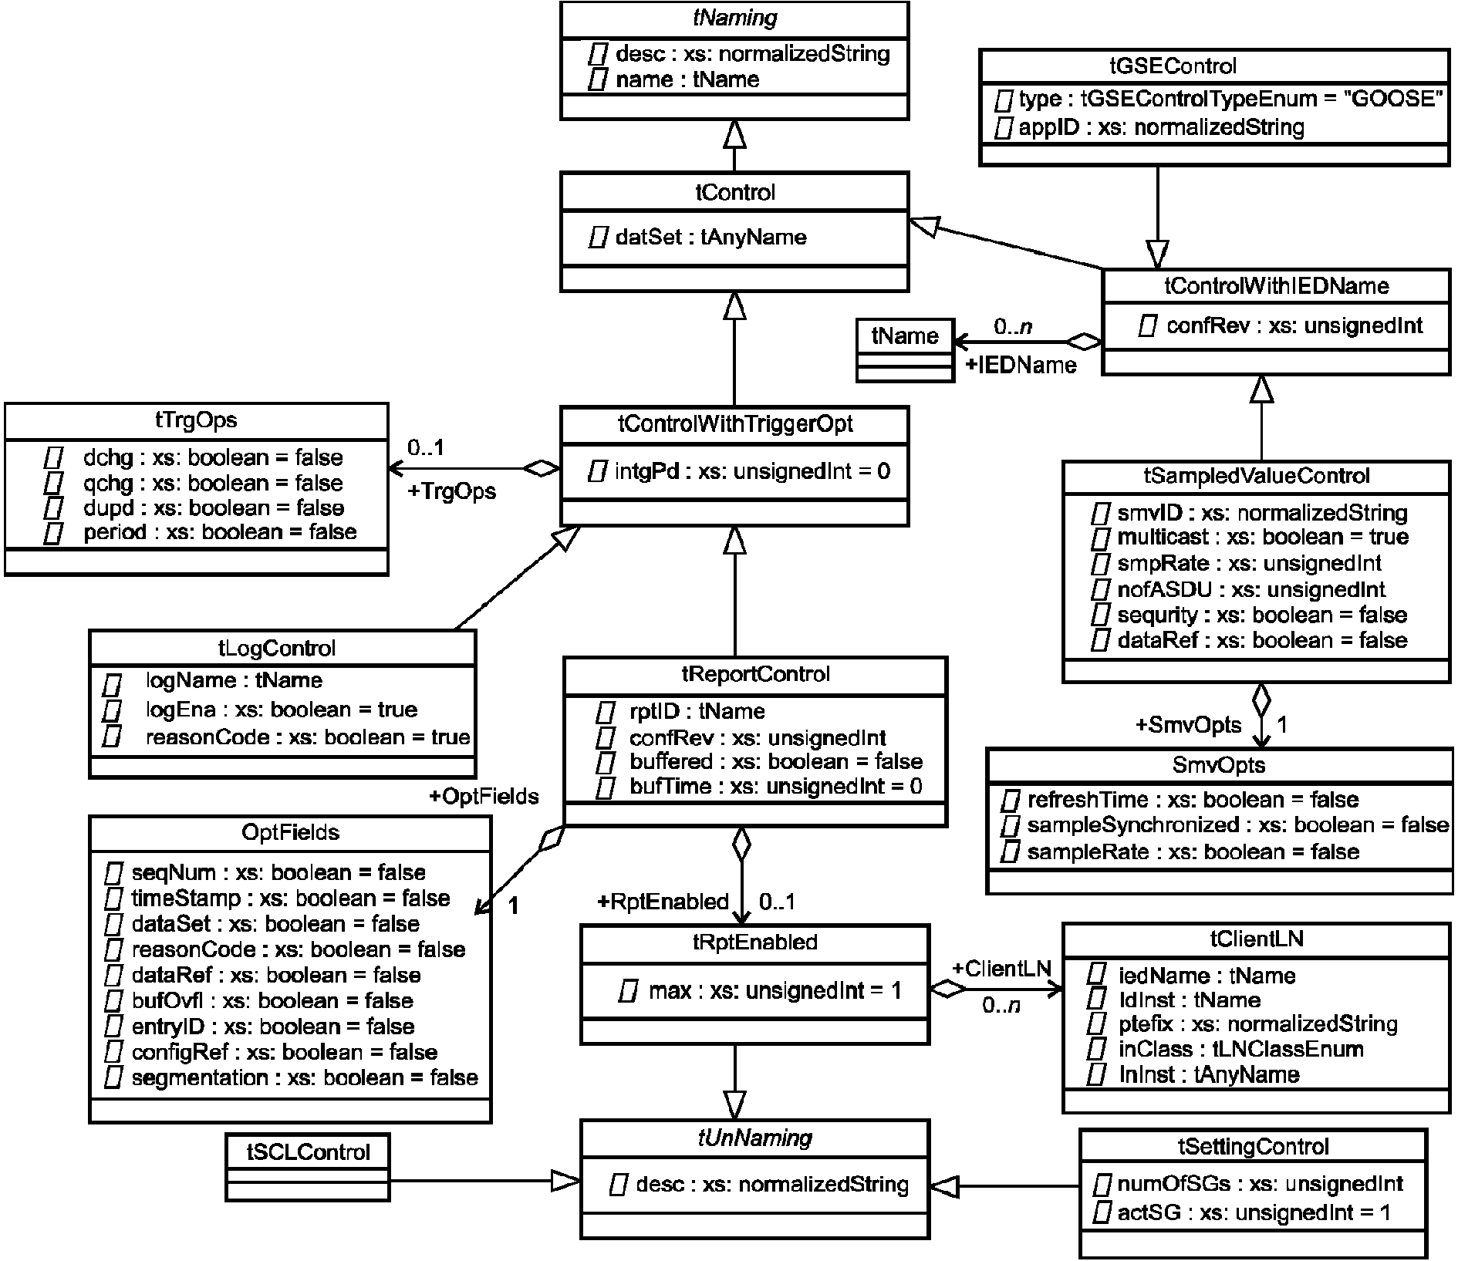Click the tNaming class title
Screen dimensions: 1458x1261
click(735, 19)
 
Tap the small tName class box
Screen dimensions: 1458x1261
click(905, 350)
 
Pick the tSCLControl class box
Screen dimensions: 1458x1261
click(308, 1166)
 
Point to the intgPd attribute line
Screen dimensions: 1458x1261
click(740, 470)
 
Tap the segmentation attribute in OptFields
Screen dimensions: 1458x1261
click(292, 1077)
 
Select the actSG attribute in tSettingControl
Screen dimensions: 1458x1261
click(1243, 1213)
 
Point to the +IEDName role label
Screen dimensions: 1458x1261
click(1021, 365)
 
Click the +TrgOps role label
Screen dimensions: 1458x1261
click(452, 491)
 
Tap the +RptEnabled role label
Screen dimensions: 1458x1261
click(663, 902)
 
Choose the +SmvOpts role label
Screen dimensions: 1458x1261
click(1189, 725)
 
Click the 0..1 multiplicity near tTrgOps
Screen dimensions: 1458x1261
click(427, 448)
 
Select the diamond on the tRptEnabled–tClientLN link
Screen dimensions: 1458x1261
click(947, 990)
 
